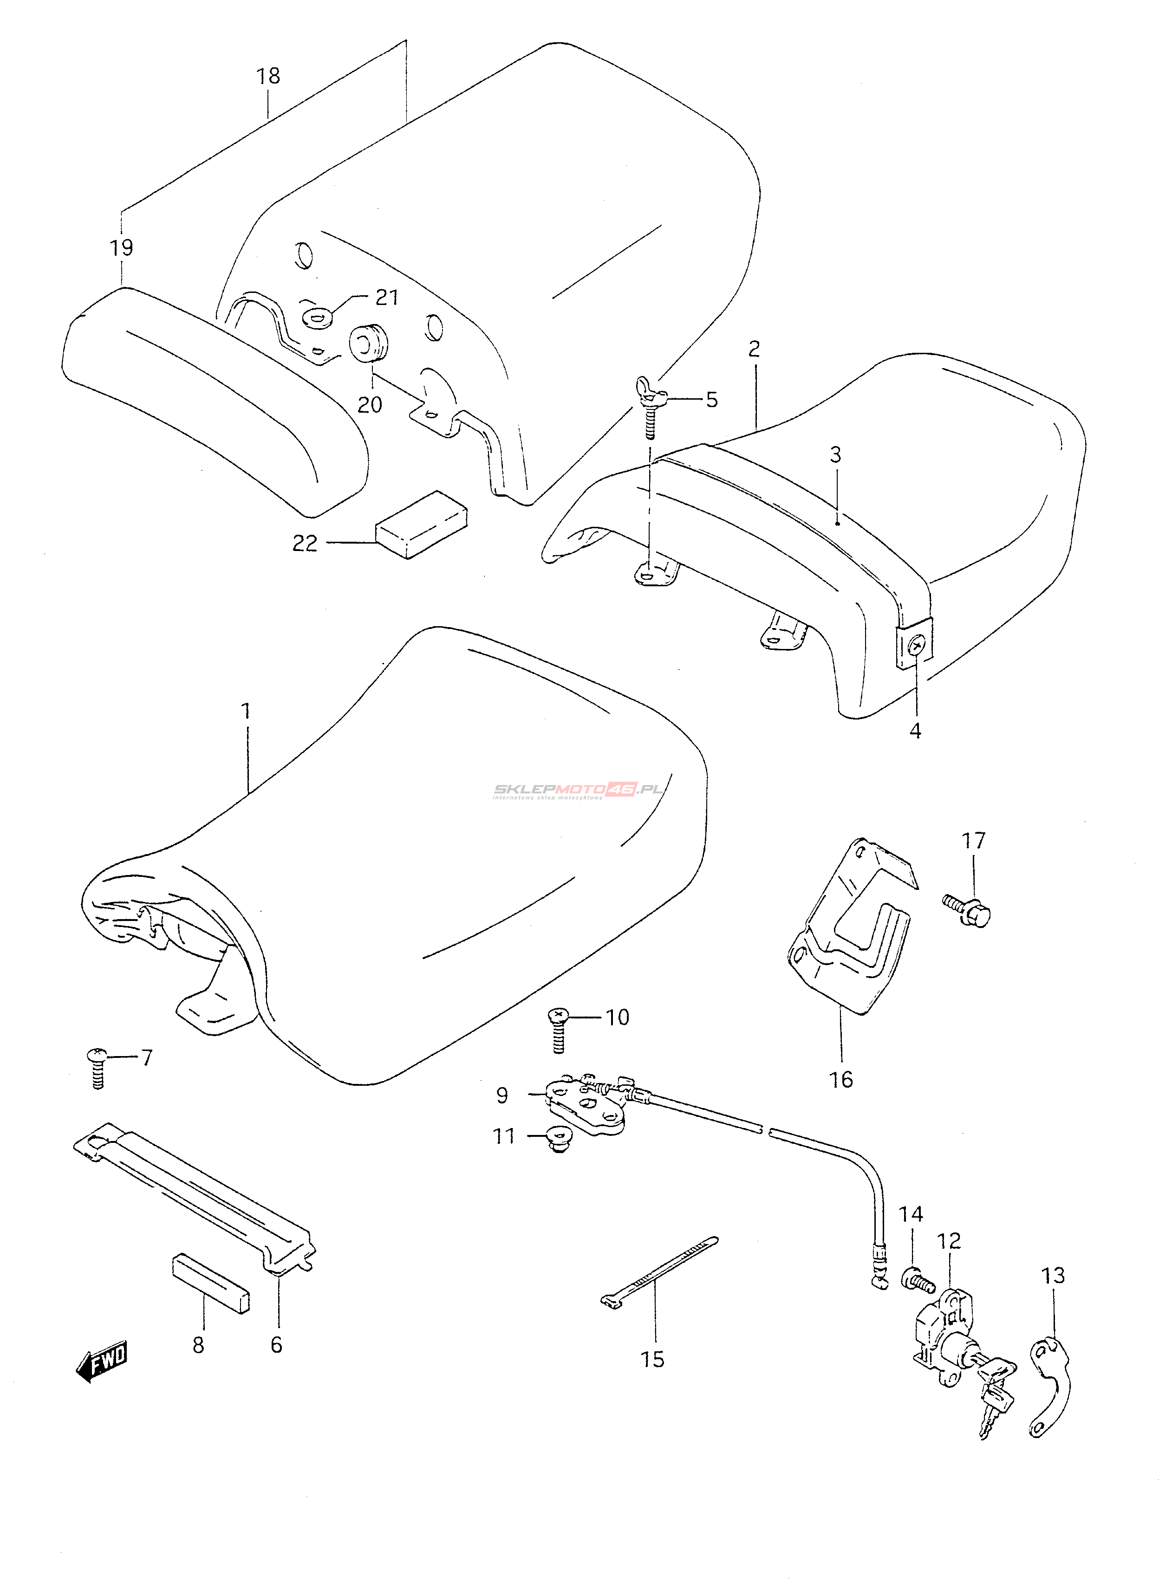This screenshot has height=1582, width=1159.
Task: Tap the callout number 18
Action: [x=268, y=76]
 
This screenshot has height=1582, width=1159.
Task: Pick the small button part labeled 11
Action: [x=559, y=1140]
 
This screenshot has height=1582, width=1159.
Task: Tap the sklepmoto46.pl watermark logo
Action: [x=578, y=791]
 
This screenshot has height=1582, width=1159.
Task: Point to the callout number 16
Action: [x=841, y=1079]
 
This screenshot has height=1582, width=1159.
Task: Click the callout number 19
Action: [x=121, y=247]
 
